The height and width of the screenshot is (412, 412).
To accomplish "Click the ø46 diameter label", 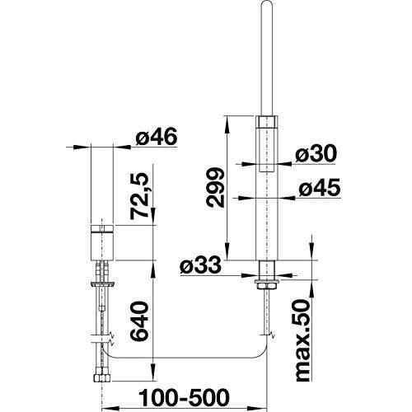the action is tap(157, 137).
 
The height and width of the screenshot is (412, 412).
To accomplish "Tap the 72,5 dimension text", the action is tap(139, 196).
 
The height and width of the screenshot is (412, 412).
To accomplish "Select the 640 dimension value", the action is tap(139, 321).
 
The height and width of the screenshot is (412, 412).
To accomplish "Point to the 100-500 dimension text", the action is tap(184, 397).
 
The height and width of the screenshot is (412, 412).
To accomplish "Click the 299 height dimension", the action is tap(216, 187).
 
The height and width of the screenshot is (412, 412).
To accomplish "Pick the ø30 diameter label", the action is tap(316, 153).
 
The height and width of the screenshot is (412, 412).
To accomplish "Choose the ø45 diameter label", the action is tap(320, 188).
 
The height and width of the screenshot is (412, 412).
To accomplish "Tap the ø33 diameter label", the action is tap(200, 265).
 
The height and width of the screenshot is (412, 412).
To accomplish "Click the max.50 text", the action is tap(303, 340).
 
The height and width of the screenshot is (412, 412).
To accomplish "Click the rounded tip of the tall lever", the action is tap(267, 2).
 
